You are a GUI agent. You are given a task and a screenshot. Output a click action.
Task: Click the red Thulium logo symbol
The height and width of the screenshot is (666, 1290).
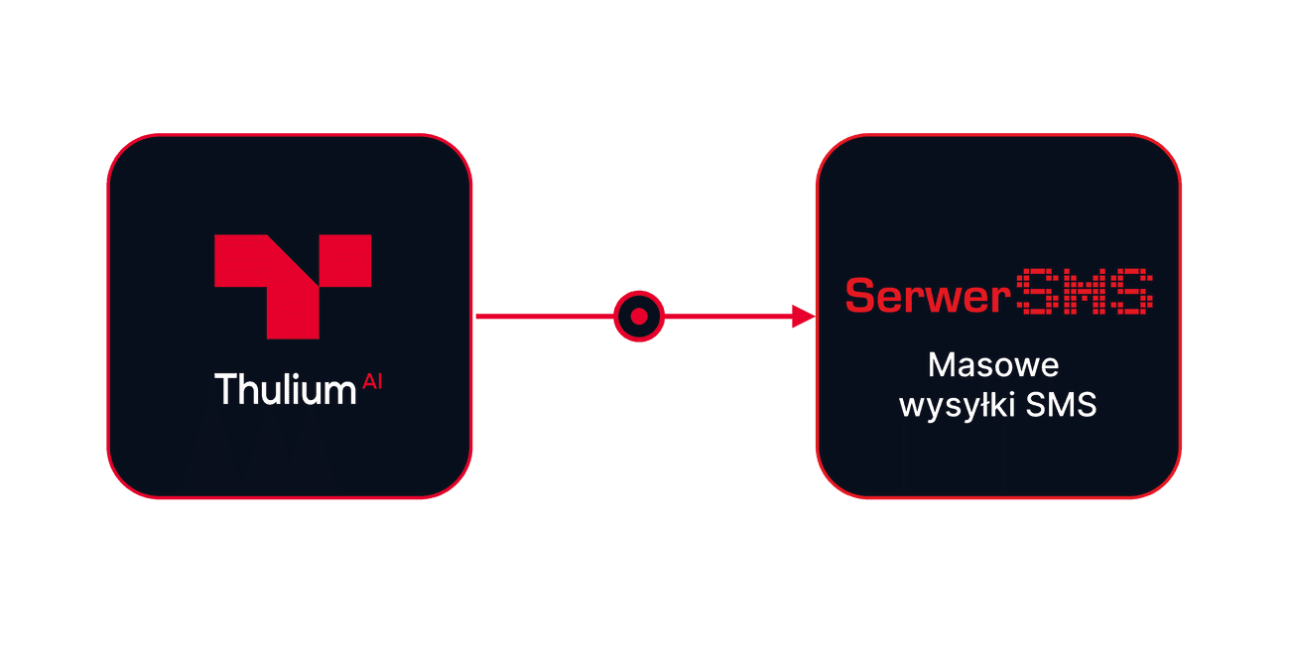pos(293,286)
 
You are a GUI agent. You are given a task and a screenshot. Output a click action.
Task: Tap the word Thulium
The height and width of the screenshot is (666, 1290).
pos(286,389)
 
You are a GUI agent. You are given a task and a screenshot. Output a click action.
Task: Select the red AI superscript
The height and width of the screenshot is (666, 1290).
pos(372,381)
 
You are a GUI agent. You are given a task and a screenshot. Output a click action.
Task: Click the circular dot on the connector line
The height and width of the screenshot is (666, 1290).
pos(639,317)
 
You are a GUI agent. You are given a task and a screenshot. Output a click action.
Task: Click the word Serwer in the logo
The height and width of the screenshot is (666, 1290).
pos(928,296)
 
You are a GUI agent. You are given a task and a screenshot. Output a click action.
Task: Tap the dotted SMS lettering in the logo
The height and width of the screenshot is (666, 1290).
pos(1085,292)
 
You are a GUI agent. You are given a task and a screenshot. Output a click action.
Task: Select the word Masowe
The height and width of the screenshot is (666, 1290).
pos(993,365)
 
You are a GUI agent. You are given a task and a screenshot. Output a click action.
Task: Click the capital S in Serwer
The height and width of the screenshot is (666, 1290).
pos(859,296)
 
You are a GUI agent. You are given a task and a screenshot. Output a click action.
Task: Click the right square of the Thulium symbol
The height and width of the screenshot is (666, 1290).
pos(345,260)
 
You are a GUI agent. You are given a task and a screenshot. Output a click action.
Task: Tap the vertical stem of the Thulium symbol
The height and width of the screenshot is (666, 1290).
pos(293,313)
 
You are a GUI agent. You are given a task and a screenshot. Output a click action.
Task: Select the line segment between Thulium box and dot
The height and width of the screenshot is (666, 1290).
pos(545,317)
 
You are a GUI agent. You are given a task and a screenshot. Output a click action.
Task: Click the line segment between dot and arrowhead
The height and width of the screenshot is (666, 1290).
pos(728,317)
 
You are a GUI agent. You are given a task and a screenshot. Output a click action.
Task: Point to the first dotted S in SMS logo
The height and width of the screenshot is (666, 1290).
pos(1037,292)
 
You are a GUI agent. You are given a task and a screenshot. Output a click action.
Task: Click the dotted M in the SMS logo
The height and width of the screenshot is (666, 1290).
pos(1085,292)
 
